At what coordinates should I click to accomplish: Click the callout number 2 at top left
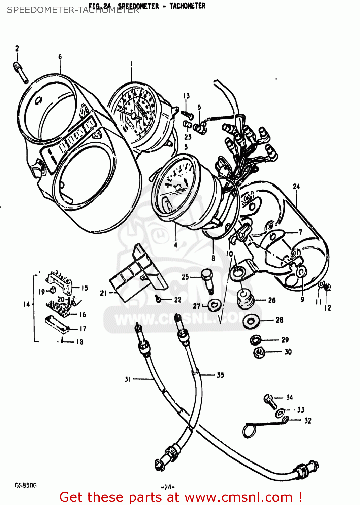point(17,49)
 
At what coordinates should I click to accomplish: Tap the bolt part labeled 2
point(21,71)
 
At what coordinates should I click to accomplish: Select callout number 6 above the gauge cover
point(60,57)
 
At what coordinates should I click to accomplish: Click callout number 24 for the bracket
point(296,187)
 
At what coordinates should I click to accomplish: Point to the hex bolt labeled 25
point(207,279)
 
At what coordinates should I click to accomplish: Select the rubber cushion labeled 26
point(246,298)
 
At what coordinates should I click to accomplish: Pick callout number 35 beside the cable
point(220,375)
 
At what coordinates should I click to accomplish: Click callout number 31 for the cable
point(128,379)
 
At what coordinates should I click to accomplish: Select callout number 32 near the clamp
point(307,421)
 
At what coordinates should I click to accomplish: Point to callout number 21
point(103,293)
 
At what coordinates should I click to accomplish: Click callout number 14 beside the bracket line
point(27,304)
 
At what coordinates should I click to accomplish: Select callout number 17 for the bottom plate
point(83,329)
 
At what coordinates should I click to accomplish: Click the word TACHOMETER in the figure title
point(187,6)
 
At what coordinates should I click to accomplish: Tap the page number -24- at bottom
point(168,486)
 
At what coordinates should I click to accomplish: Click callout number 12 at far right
point(328,308)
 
